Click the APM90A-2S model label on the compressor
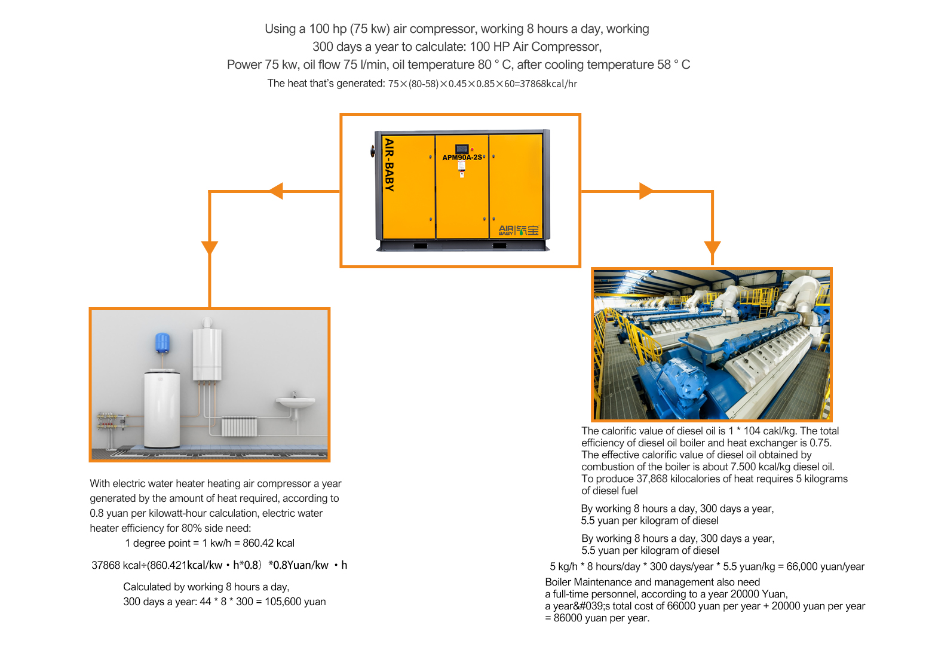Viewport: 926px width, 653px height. tap(462, 157)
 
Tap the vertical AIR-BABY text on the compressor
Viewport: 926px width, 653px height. tap(390, 165)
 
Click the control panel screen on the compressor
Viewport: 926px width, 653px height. tap(462, 148)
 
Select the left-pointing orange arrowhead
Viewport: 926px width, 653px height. tap(275, 191)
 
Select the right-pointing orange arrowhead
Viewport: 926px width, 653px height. tap(646, 191)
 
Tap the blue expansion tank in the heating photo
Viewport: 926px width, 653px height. tap(162, 342)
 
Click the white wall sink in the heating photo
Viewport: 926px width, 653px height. tap(295, 402)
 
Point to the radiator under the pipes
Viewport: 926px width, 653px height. tap(240, 427)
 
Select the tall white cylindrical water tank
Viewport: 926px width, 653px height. tap(162, 409)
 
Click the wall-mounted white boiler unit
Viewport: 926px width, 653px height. tap(207, 354)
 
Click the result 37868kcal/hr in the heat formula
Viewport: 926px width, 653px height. tap(548, 84)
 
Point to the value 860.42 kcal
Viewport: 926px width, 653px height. tap(268, 543)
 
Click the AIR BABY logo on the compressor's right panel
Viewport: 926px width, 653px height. tap(519, 230)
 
